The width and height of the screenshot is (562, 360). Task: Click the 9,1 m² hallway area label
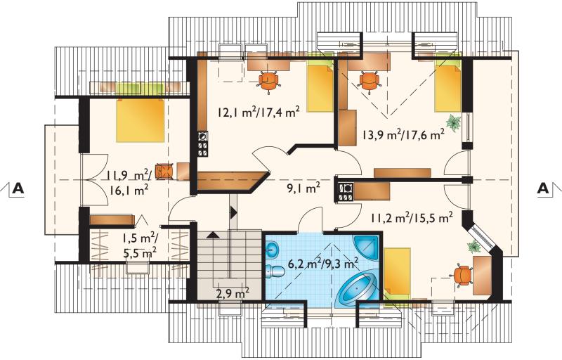click(x=303, y=188)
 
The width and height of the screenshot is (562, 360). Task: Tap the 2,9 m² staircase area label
click(x=233, y=294)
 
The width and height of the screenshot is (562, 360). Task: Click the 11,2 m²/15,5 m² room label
click(x=412, y=217)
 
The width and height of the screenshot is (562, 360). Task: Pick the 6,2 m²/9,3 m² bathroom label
click(x=323, y=264)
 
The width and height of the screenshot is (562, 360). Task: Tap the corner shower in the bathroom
click(x=366, y=248)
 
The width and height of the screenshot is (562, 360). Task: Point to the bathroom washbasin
click(x=273, y=247)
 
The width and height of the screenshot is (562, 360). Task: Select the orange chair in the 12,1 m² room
click(x=269, y=82)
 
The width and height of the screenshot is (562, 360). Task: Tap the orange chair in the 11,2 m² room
click(x=462, y=275)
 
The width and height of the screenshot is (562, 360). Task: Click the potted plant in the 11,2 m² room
click(x=474, y=247)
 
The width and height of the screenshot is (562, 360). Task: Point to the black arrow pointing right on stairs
click(x=234, y=212)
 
